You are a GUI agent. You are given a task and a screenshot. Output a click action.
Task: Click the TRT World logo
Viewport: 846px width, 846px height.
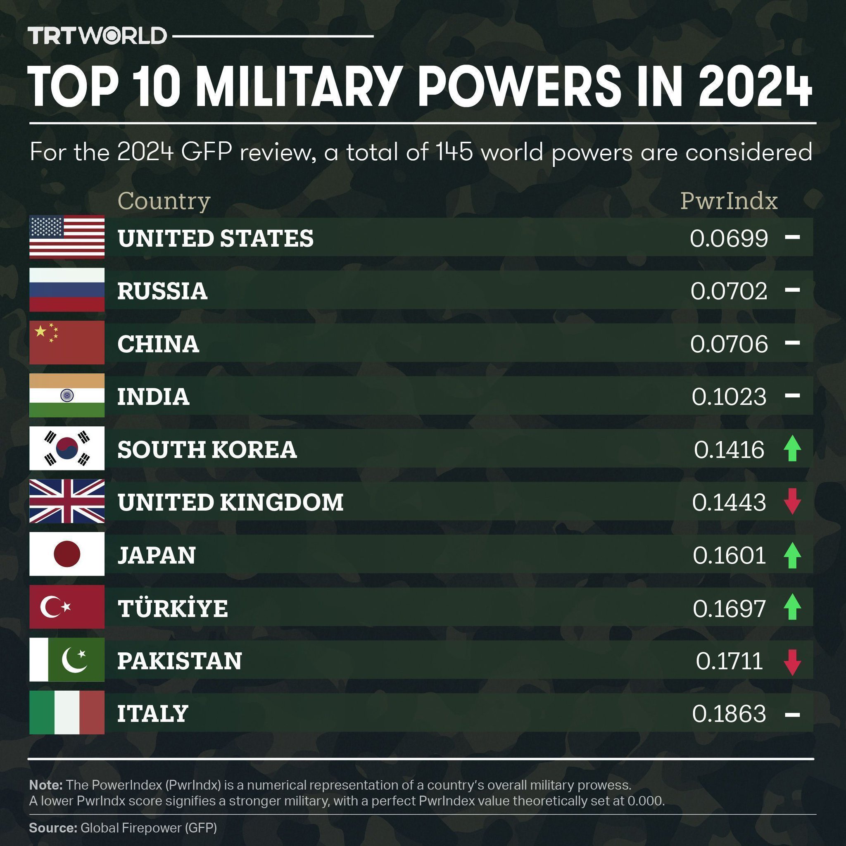[x=97, y=36]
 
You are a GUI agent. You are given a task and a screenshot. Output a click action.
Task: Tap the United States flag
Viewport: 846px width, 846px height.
[x=67, y=237]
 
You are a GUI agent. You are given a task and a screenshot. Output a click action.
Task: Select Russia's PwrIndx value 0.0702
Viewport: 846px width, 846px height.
[x=729, y=291]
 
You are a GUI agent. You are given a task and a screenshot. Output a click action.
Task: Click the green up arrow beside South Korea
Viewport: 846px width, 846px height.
[x=792, y=448]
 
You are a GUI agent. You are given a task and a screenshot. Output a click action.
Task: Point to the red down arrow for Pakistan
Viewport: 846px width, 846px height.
[x=792, y=662]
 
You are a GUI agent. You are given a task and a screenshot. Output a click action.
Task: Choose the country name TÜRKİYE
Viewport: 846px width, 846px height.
[x=173, y=608]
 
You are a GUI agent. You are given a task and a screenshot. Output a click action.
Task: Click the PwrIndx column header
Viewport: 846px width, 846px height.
[x=729, y=201]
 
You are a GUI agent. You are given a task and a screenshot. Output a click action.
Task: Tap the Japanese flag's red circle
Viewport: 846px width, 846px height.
[x=67, y=554]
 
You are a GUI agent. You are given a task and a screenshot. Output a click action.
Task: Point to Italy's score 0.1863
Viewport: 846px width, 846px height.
[x=729, y=714]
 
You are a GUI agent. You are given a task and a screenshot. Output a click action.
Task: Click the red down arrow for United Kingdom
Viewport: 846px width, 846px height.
[x=792, y=502]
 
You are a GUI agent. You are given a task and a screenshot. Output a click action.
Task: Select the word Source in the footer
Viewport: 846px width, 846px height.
[x=52, y=827]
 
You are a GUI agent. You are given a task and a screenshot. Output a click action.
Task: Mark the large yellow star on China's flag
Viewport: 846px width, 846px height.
[x=40, y=331]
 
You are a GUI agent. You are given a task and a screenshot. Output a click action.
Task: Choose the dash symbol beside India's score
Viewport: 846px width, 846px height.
[x=792, y=396]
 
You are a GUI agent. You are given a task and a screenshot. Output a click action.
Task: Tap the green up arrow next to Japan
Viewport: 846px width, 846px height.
[x=792, y=555]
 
